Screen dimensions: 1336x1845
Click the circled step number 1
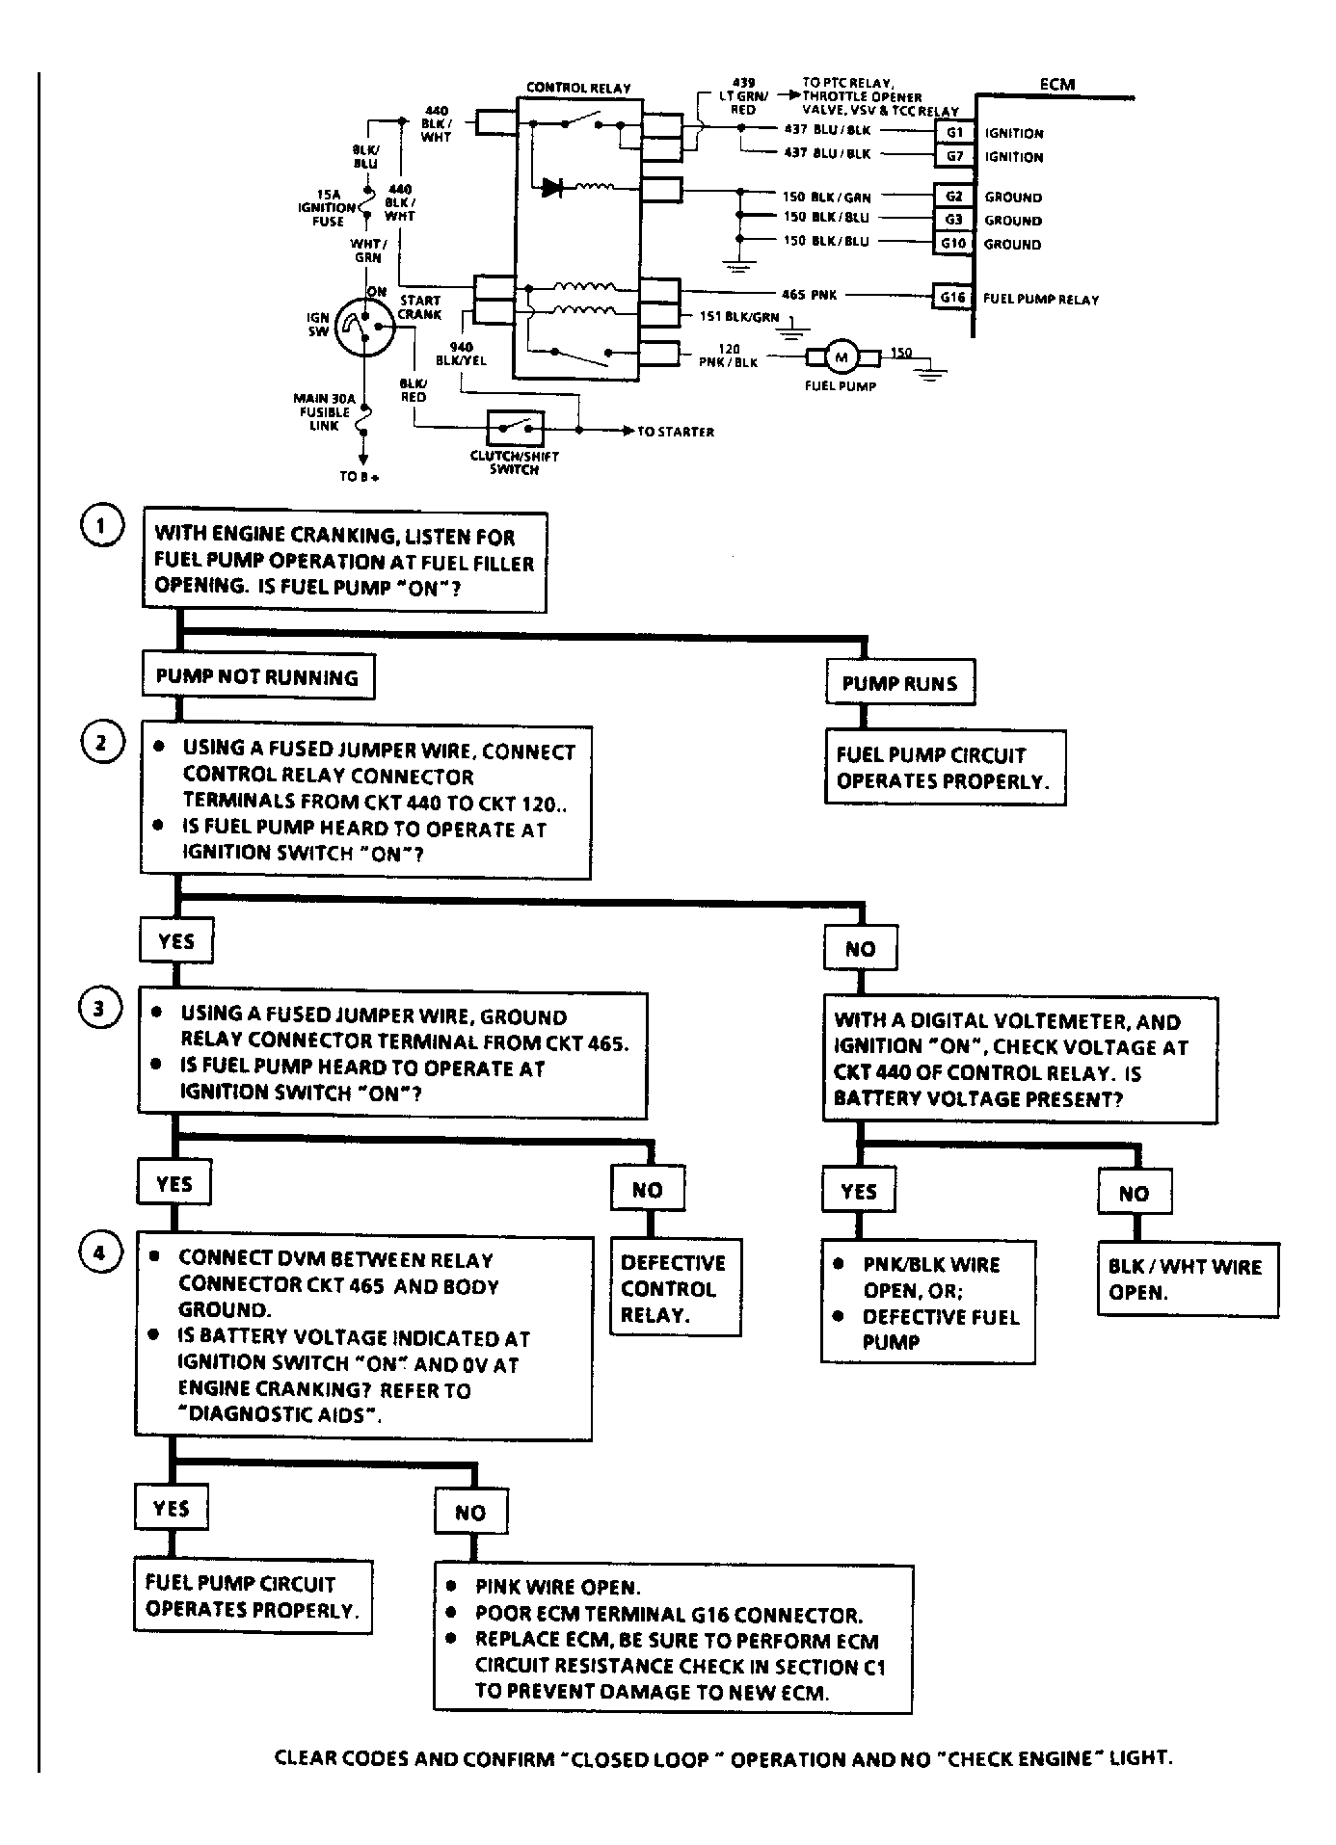click(x=102, y=526)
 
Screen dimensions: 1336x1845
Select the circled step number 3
click(x=100, y=1009)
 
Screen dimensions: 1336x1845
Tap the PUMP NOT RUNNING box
click(x=257, y=676)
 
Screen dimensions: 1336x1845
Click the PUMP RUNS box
click(x=900, y=683)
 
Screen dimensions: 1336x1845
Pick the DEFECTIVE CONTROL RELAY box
click(x=676, y=1287)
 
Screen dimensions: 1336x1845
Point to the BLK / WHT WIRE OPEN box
click(x=1189, y=1279)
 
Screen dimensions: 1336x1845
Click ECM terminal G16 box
click(x=952, y=298)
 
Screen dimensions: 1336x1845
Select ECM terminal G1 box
click(x=954, y=133)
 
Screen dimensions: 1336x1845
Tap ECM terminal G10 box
click(x=952, y=244)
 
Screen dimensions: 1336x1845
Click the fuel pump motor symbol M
click(x=841, y=358)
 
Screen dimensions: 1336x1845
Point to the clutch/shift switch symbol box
click(x=516, y=429)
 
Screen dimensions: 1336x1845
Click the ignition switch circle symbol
click(x=365, y=329)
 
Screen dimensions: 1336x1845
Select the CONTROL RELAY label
click(x=578, y=88)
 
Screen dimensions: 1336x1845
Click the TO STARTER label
click(x=676, y=432)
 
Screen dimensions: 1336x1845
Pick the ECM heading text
click(x=1056, y=84)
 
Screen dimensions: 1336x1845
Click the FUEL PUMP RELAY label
click(x=1041, y=300)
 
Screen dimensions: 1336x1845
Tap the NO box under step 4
click(x=470, y=1512)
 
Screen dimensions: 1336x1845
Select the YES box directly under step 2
click(x=176, y=941)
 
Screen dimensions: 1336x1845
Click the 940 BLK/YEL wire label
click(x=461, y=354)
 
